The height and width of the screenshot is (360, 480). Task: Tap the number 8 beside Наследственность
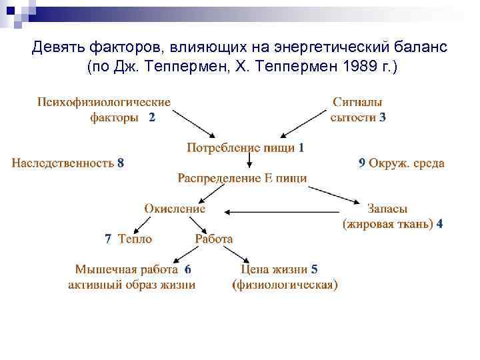[120, 163]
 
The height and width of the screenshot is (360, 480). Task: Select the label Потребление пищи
[240, 147]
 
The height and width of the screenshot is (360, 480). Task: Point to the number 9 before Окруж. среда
[361, 163]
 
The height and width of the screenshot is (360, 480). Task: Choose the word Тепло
[135, 239]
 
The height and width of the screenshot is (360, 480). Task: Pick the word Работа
[213, 239]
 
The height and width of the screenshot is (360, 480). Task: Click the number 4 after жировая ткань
[439, 224]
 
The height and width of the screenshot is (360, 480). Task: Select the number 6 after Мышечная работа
[187, 270]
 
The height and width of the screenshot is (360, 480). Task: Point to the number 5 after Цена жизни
[314, 270]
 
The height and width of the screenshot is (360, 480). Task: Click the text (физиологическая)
[285, 285]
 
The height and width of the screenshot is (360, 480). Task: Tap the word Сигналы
[357, 102]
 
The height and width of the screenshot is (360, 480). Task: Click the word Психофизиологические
[104, 102]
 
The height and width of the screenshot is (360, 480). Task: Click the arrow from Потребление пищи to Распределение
[249, 162]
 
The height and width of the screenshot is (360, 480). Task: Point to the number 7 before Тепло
[108, 239]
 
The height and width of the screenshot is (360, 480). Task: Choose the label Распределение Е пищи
[242, 178]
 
